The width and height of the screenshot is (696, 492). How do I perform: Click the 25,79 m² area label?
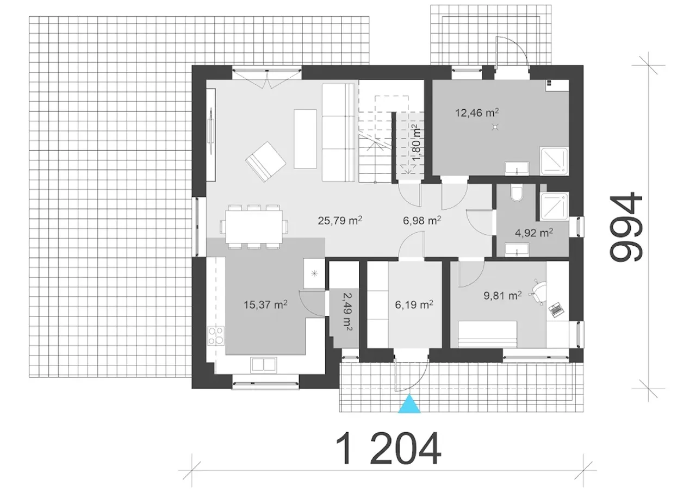(340, 220)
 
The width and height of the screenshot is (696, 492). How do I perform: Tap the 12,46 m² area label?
(477, 113)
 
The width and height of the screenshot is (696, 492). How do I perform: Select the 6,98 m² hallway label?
(421, 220)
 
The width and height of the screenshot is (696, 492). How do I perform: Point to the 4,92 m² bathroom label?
(534, 233)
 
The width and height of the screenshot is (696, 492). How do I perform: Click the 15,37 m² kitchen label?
(265, 304)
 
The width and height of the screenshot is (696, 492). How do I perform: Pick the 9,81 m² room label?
(502, 295)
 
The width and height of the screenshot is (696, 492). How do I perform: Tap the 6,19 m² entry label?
(414, 304)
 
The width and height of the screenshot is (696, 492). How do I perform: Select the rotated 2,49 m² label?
(347, 312)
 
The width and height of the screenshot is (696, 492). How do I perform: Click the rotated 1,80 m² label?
(416, 142)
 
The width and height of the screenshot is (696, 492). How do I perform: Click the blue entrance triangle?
(409, 404)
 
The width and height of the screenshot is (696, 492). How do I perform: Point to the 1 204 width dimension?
(388, 449)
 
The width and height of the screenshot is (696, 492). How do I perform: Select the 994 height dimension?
(626, 227)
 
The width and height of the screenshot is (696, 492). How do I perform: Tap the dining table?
(254, 227)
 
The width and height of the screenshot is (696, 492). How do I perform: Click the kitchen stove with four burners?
(216, 335)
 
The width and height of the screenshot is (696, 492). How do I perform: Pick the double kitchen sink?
(264, 365)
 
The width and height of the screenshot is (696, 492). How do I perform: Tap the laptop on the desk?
(556, 310)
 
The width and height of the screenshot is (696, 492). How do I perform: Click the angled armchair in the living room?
(265, 162)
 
